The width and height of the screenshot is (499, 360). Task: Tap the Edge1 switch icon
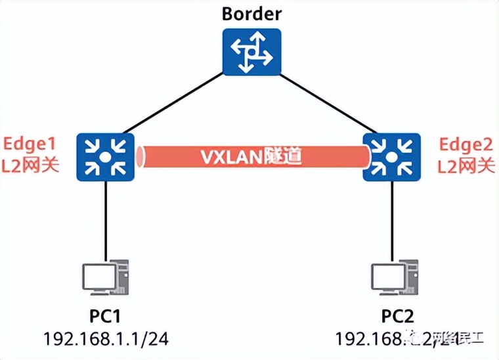105,157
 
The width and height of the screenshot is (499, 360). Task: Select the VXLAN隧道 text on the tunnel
249,158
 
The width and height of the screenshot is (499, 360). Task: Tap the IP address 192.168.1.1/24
105,338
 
